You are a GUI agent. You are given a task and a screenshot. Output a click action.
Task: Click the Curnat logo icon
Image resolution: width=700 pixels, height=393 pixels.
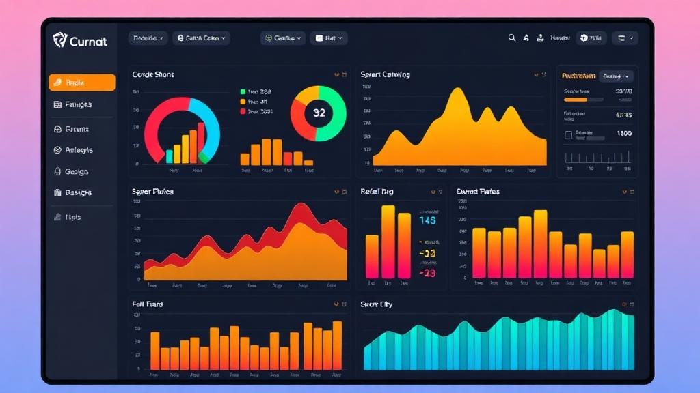click(x=60, y=40)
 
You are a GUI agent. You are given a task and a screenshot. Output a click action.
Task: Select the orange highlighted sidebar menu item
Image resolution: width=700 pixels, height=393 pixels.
click(x=82, y=83)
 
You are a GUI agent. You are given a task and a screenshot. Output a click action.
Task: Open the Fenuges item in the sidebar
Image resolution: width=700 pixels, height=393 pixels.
click(x=78, y=104)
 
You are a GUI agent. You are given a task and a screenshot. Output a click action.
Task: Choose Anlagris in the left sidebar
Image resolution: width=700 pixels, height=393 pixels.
click(x=79, y=150)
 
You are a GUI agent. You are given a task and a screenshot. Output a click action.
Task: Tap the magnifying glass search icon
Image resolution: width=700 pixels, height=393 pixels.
click(x=511, y=38)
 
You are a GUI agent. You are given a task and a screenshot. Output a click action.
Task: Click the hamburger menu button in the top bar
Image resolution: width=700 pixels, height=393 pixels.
click(x=625, y=38)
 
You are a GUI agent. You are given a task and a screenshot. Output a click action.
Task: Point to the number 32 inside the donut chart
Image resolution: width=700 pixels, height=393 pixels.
click(x=319, y=113)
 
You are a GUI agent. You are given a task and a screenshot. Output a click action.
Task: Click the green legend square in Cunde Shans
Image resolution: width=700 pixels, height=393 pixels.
click(x=243, y=91)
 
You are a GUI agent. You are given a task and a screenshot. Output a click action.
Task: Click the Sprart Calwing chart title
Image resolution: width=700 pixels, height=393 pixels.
click(x=385, y=74)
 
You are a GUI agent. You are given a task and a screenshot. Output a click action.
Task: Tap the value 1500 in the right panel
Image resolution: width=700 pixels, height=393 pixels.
click(x=623, y=134)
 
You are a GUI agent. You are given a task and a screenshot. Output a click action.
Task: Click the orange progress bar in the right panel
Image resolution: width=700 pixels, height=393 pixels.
click(x=576, y=100)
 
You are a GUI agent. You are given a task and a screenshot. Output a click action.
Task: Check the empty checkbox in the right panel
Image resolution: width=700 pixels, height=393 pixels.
click(x=567, y=135)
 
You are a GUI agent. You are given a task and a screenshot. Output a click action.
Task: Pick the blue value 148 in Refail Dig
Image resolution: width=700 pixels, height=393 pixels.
click(x=427, y=220)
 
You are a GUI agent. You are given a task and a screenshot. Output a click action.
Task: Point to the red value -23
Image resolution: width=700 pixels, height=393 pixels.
click(x=427, y=273)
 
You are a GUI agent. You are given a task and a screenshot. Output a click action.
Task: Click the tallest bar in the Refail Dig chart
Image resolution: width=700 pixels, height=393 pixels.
click(x=388, y=242)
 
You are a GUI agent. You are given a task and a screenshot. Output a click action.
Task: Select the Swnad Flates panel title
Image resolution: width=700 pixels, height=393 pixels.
click(x=478, y=192)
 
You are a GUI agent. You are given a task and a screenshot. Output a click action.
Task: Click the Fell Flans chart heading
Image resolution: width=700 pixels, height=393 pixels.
click(x=147, y=304)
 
